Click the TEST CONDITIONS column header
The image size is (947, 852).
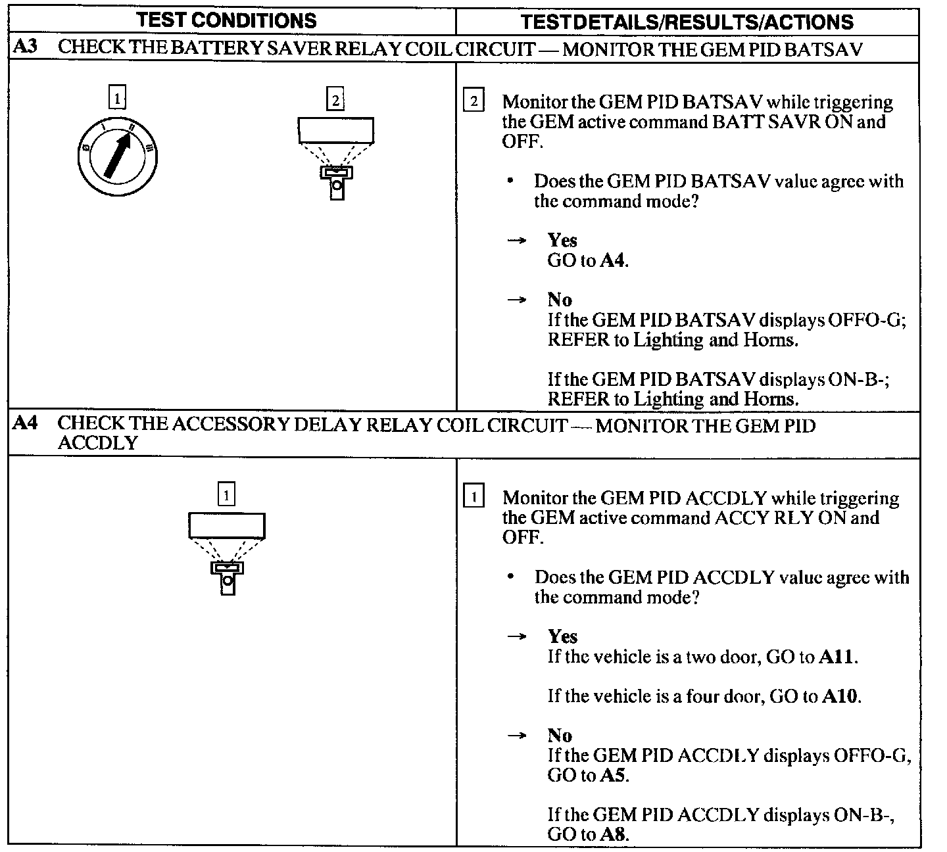click(x=227, y=20)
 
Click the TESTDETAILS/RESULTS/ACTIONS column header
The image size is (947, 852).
click(x=687, y=22)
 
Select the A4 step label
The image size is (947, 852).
click(x=25, y=424)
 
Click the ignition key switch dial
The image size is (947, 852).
click(x=117, y=157)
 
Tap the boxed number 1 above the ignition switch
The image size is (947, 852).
click(x=117, y=99)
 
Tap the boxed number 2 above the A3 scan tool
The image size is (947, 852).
click(x=335, y=100)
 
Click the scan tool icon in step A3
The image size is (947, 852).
click(x=336, y=158)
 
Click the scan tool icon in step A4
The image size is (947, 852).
click(x=227, y=553)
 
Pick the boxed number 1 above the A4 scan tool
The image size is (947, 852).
click(x=226, y=494)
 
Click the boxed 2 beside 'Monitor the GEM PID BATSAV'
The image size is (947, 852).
click(x=473, y=101)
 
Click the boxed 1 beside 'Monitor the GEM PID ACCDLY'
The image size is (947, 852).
click(x=473, y=497)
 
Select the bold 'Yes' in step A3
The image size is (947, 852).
click(x=562, y=241)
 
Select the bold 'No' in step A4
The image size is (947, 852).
click(x=560, y=736)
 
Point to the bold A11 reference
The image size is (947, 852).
click(x=837, y=657)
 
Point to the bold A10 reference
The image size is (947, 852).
click(x=840, y=696)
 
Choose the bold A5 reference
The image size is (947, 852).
click(x=613, y=776)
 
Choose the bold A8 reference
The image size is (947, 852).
click(x=613, y=835)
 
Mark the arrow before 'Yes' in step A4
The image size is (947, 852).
click(x=518, y=636)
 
